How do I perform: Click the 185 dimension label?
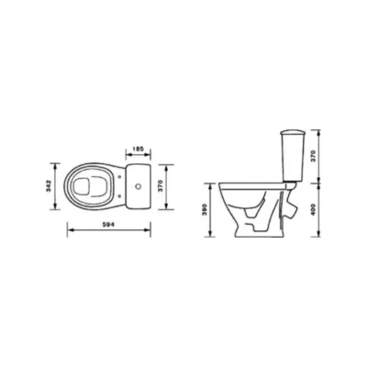coord(139,150)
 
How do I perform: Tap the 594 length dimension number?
coord(109,225)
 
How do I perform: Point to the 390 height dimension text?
coord(205,209)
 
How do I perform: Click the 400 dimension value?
coord(314,209)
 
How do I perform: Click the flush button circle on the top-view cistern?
coord(139,186)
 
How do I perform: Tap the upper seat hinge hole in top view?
coord(119,176)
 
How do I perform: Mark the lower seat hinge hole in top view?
coord(119,196)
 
